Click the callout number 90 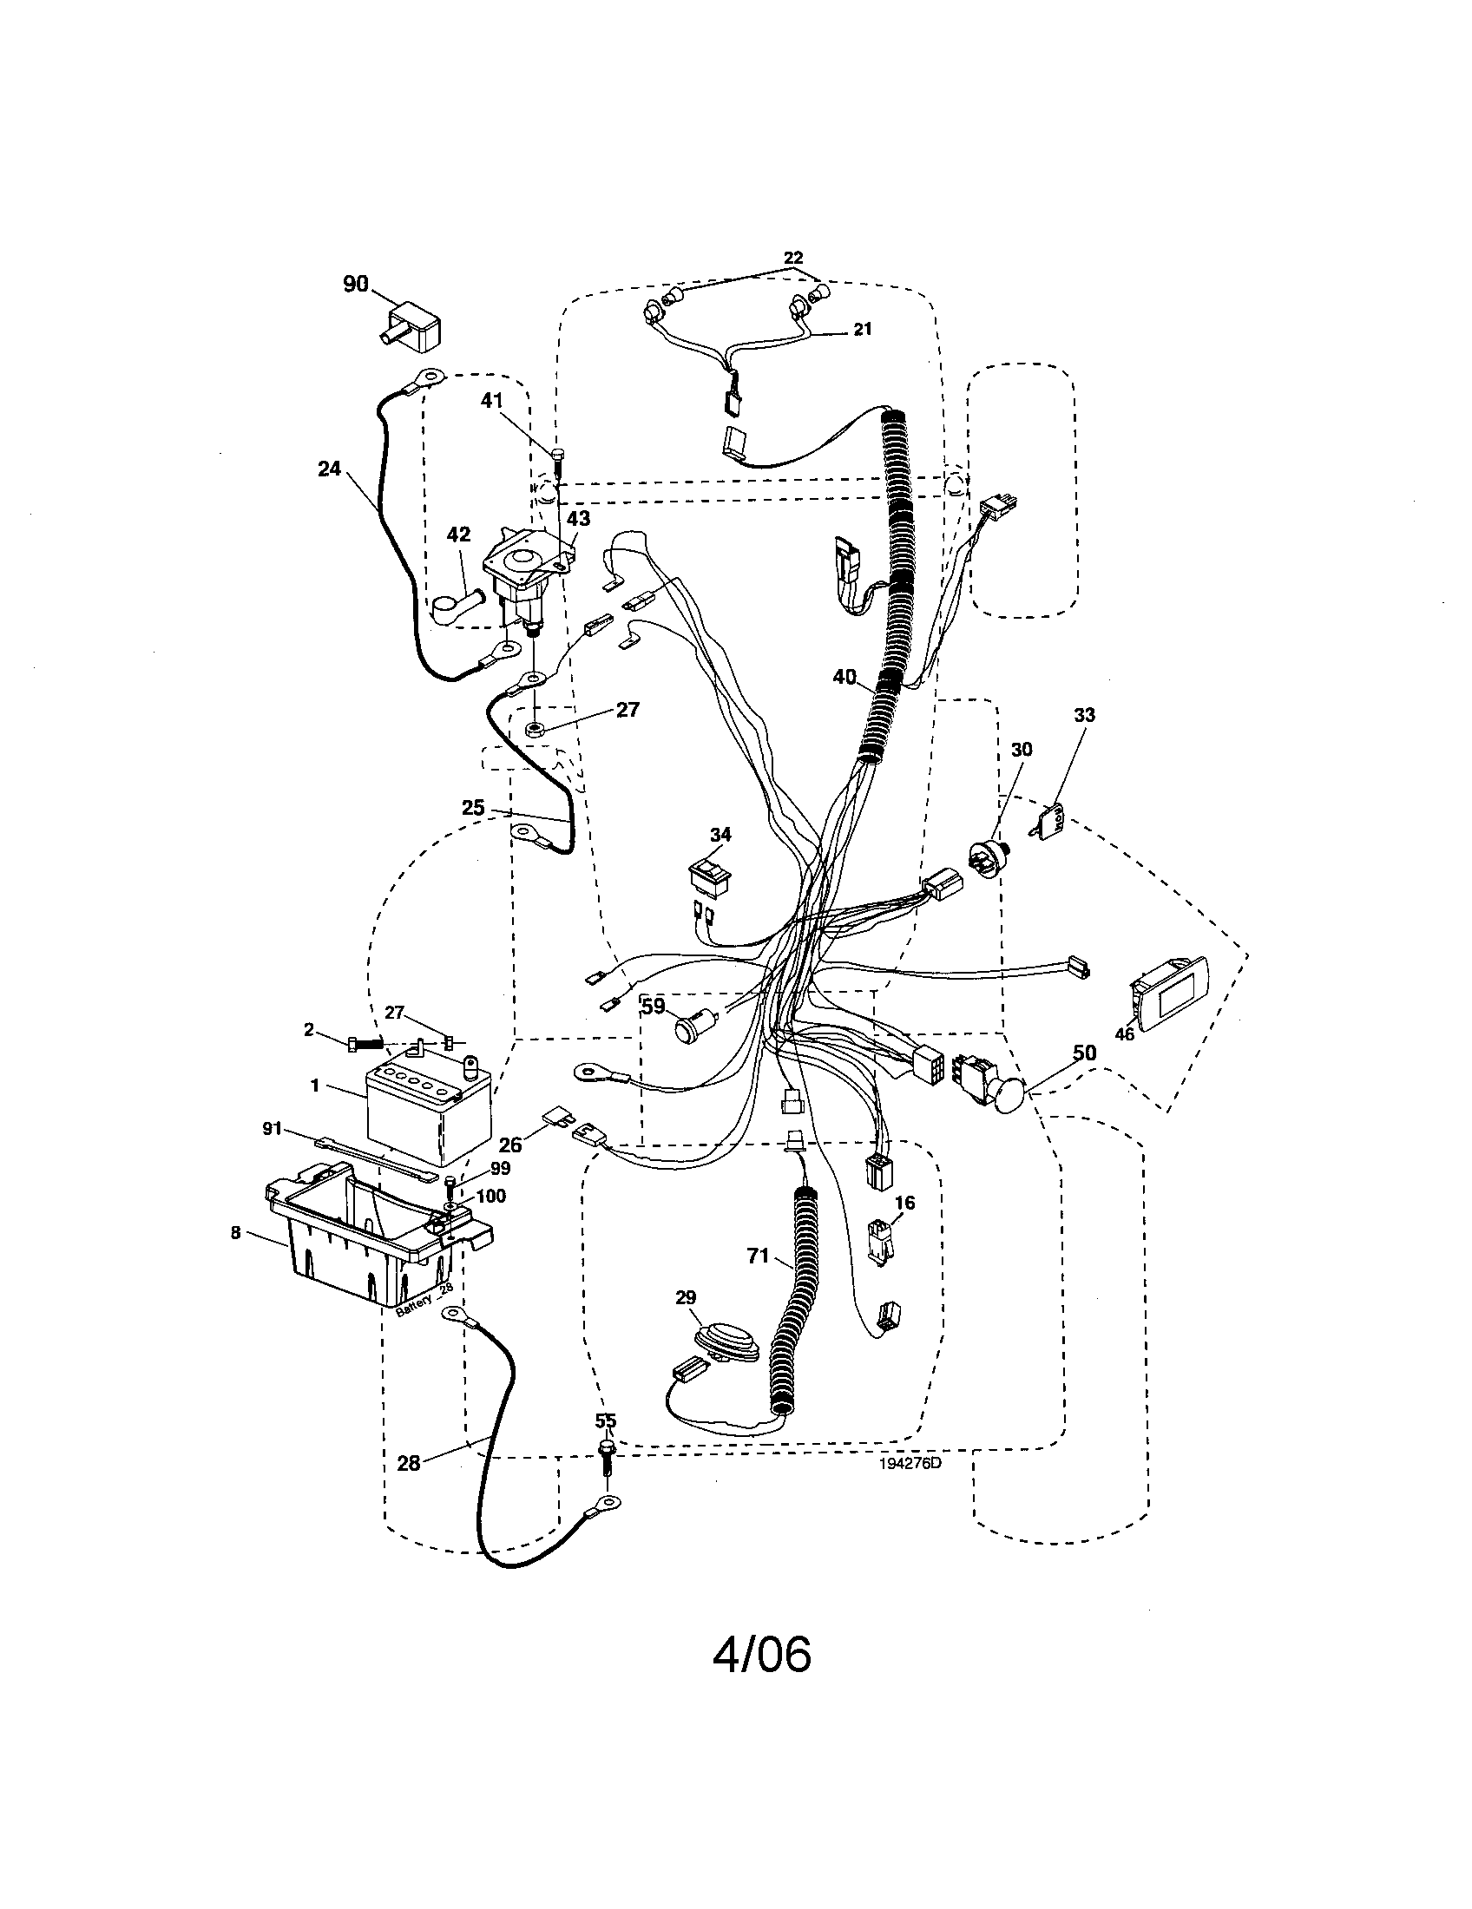tap(355, 284)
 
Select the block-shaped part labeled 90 tap(411, 327)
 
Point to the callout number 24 tap(329, 469)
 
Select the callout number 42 tap(458, 534)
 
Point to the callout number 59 tap(654, 1006)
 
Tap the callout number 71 tap(758, 1256)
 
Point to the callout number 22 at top tap(792, 258)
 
